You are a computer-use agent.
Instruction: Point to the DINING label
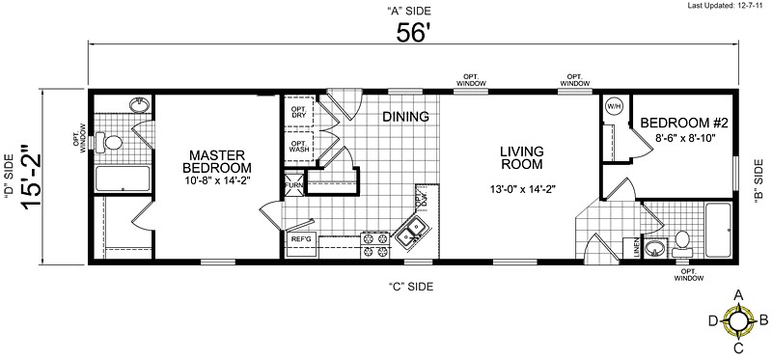point(405,117)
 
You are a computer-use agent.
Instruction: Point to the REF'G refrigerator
point(300,237)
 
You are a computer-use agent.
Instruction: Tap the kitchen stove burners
point(372,244)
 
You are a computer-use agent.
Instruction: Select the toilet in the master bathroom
point(113,143)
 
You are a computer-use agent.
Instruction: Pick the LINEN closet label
point(637,248)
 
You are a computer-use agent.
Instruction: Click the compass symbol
point(738,319)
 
